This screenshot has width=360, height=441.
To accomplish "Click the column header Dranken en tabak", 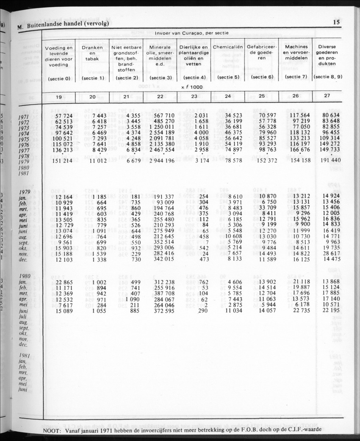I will point(92,54).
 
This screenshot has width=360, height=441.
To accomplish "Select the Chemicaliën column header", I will point(228,47).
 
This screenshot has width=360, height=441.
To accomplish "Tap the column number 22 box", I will point(161,96).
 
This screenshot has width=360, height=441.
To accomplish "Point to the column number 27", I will point(327,96).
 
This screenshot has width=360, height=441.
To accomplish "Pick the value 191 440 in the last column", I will point(329,161).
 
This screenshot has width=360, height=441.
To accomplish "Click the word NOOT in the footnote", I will point(53,430).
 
